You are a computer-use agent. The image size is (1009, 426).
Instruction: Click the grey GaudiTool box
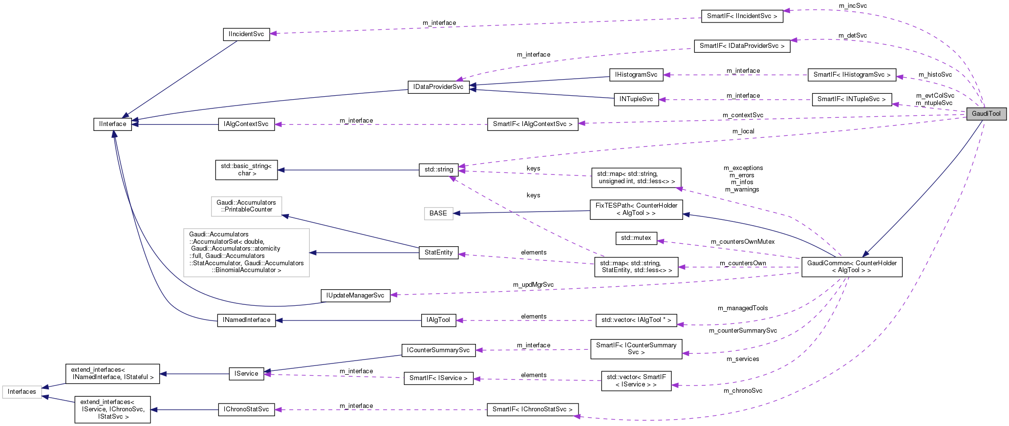pos(986,113)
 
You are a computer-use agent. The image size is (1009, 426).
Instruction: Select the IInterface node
pos(112,124)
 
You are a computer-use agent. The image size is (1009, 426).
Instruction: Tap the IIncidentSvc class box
pos(246,34)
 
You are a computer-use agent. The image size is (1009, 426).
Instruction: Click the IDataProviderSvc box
pos(438,87)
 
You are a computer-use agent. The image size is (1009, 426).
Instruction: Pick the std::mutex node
pos(636,238)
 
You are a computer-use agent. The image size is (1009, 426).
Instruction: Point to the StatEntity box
pos(438,253)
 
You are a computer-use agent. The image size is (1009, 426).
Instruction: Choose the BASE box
pos(438,213)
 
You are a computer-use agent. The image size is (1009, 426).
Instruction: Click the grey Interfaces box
pos(22,392)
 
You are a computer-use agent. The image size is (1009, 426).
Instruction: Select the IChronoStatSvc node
pos(246,409)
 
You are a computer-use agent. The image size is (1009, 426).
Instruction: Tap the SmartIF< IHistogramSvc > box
pos(852,75)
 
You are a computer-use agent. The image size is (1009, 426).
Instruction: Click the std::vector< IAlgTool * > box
pos(636,320)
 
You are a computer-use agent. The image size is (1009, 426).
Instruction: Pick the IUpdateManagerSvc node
pos(355,296)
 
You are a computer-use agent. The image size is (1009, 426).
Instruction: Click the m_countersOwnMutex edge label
pos(742,242)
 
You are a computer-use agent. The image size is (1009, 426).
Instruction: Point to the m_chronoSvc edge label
pos(743,391)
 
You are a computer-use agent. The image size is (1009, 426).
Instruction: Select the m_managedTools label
pos(742,308)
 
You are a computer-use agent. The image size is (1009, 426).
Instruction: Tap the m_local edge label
pos(743,131)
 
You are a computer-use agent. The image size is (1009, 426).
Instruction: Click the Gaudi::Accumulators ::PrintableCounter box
pos(246,206)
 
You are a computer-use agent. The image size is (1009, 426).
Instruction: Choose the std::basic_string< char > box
pos(246,170)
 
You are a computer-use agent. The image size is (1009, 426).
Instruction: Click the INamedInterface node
pos(246,320)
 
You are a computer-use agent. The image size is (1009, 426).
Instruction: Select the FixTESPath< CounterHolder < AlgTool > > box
pos(636,209)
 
